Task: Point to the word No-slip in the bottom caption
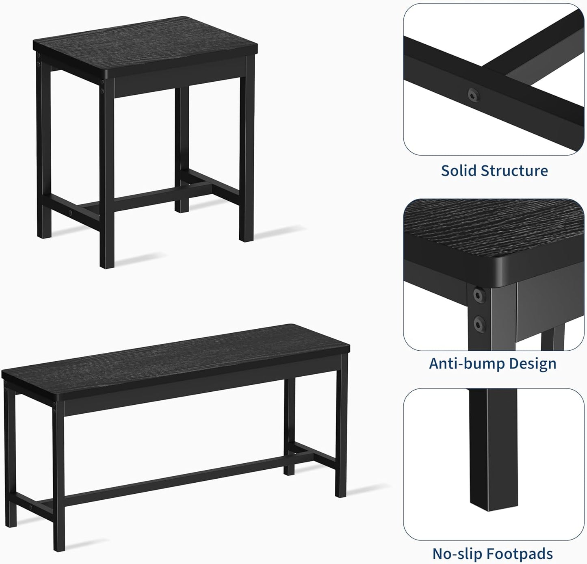click(457, 553)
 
